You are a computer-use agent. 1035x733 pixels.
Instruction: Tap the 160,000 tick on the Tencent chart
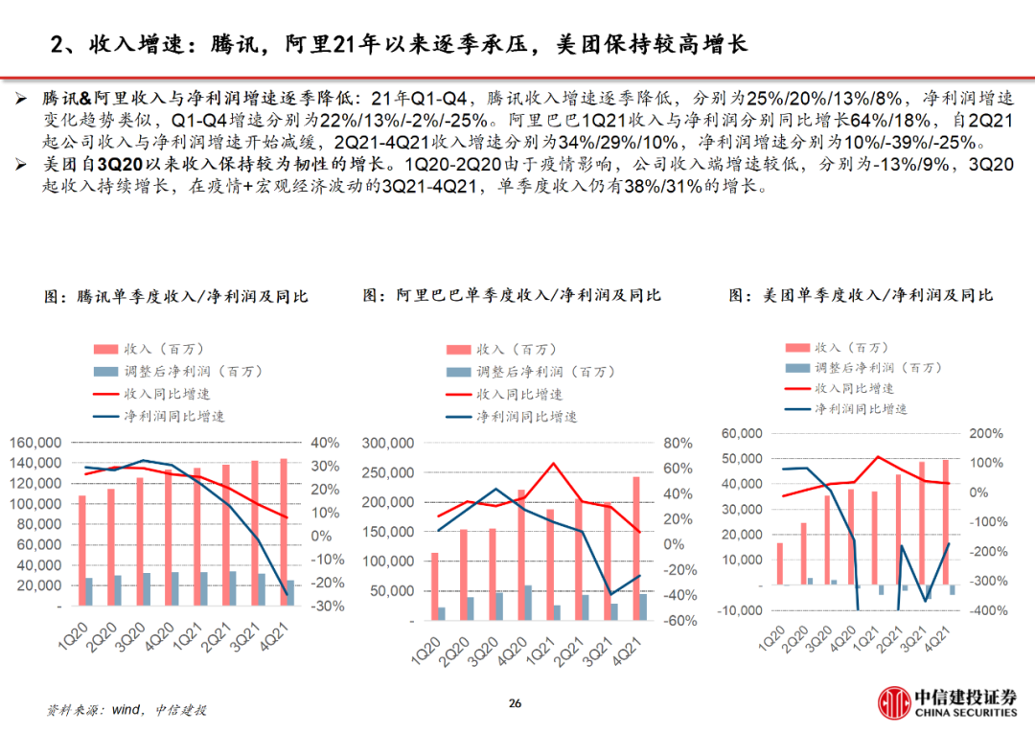point(35,443)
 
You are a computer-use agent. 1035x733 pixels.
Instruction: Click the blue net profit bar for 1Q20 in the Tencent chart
point(89,592)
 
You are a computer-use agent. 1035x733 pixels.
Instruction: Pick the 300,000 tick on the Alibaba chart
point(388,444)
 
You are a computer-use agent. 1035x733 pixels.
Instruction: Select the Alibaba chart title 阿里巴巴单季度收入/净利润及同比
point(512,295)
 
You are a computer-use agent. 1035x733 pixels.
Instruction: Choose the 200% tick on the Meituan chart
point(985,433)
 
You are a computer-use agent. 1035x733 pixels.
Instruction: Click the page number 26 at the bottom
point(515,704)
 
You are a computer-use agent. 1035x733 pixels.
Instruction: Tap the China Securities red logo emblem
point(896,705)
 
